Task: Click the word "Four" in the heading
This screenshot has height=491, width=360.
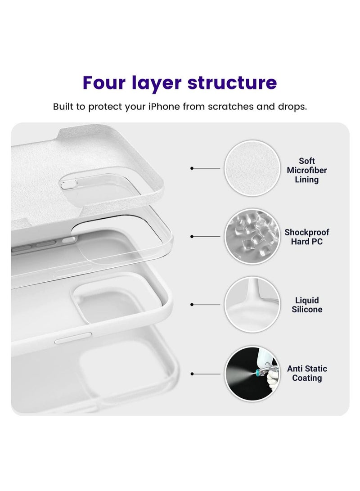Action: (108, 83)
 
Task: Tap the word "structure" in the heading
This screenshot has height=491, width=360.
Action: (232, 83)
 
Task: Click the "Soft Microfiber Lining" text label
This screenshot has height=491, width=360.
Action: (306, 171)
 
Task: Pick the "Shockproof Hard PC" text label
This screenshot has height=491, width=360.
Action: (306, 237)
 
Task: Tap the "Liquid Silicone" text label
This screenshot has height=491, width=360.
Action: (306, 305)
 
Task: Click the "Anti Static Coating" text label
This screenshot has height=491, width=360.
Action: (307, 373)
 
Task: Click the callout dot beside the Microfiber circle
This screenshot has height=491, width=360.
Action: (192, 168)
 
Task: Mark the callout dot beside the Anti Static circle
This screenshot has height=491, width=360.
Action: (192, 374)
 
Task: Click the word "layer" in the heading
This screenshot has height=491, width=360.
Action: (158, 83)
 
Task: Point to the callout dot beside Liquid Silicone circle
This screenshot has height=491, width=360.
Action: (192, 305)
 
